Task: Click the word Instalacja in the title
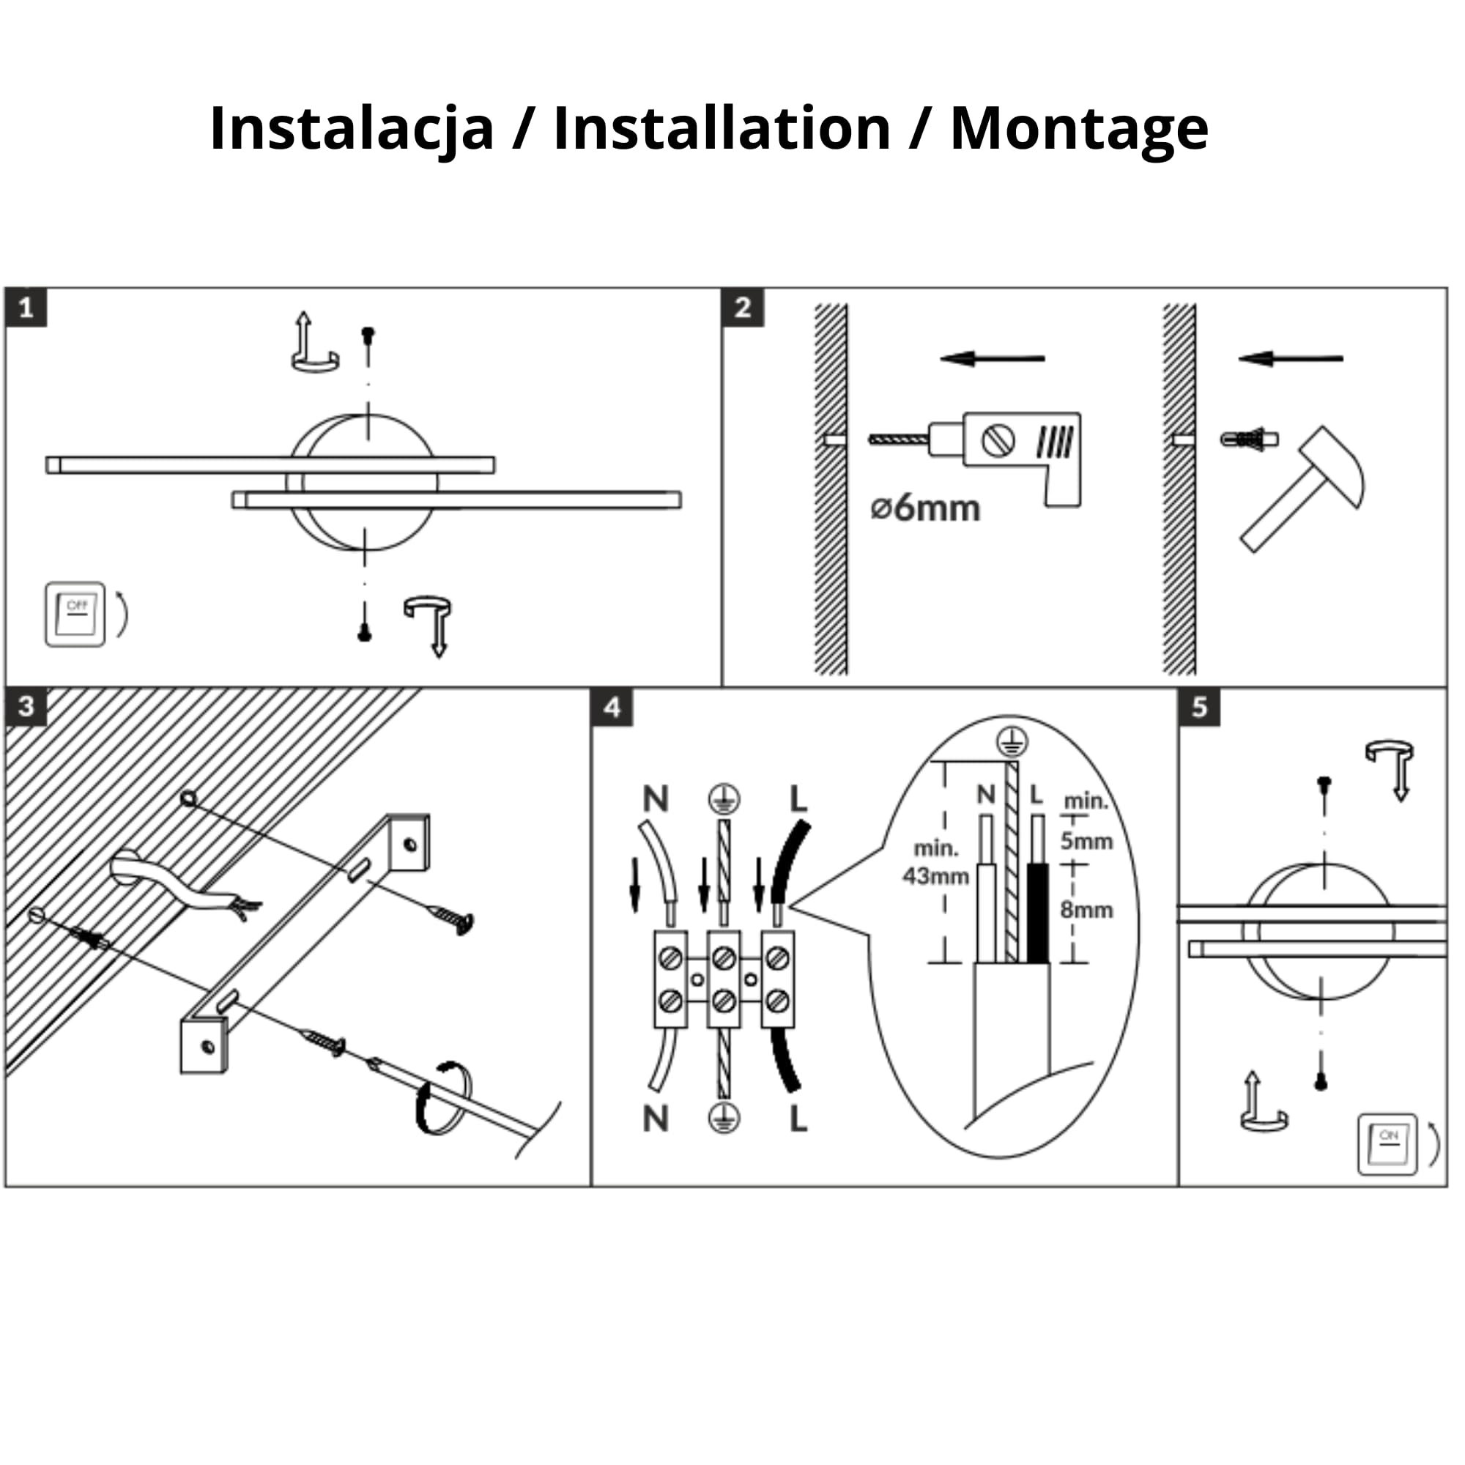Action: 352,129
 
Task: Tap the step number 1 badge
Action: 26,308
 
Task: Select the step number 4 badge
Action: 612,708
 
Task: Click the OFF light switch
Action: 75,615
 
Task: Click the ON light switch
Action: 1387,1144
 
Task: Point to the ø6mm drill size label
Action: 926,508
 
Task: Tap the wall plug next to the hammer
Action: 1248,439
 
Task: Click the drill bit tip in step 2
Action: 870,439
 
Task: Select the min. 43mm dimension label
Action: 935,862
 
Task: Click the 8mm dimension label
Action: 1086,909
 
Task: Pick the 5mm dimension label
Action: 1086,841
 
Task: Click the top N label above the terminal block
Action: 656,798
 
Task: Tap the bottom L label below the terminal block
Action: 798,1119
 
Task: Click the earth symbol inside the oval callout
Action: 1012,741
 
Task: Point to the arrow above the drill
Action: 993,358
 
